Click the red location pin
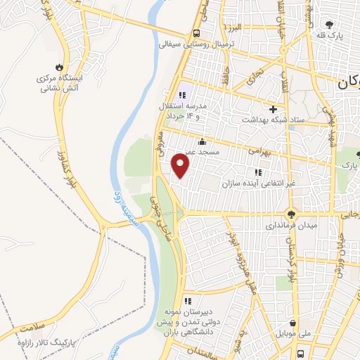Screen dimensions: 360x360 pos(181,166)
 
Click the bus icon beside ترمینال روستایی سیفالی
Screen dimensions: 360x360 pos(196,34)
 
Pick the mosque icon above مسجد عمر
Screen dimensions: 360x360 pos(202,141)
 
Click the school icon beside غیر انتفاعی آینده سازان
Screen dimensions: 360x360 pos(257,172)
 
